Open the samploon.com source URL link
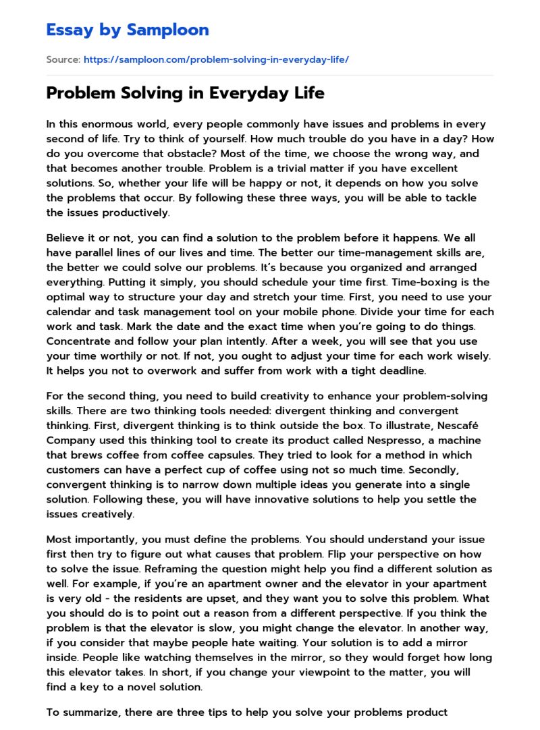coord(216,59)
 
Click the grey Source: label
coord(63,59)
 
